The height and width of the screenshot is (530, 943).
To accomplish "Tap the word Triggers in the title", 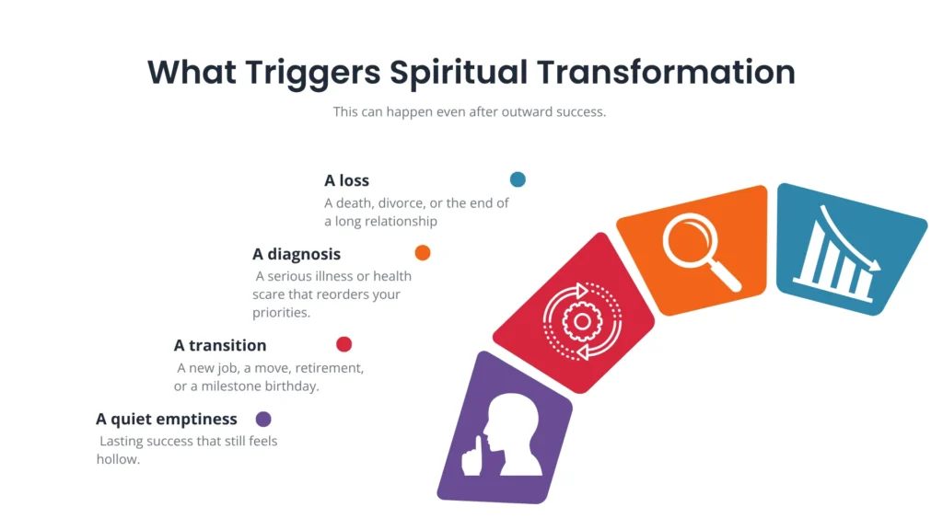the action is tap(313, 74).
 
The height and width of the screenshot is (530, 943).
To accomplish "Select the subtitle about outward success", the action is tap(470, 111).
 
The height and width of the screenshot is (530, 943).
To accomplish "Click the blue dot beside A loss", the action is tap(518, 179).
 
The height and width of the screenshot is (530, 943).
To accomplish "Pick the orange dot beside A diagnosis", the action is tap(423, 252).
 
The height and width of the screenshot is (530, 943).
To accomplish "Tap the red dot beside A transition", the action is tap(344, 344).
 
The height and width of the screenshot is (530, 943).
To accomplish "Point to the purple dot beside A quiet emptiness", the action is tap(263, 419).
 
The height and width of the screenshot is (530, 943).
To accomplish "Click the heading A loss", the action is tap(347, 180).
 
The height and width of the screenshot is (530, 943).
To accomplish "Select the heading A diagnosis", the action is tap(297, 254).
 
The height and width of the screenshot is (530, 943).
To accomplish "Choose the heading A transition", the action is tap(220, 346).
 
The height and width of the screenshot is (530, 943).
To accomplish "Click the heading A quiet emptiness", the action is tap(167, 419).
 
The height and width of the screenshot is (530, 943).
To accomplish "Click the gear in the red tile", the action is tap(582, 321).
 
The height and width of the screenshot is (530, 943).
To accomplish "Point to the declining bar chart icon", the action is tap(836, 255).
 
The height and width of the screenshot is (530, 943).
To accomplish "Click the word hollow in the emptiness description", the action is tap(118, 459).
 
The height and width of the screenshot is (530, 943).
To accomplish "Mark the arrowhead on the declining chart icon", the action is tap(873, 263).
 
